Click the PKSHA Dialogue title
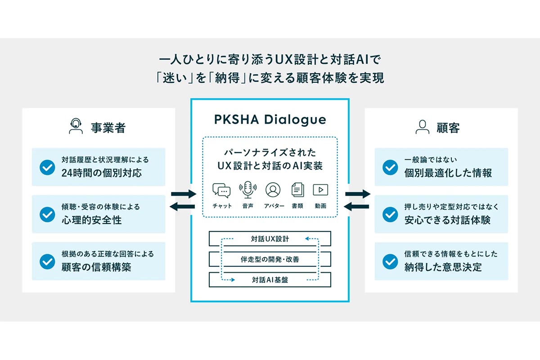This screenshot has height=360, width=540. (x=270, y=120)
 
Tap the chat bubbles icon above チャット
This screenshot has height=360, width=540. (x=221, y=190)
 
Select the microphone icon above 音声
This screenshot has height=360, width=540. (x=247, y=190)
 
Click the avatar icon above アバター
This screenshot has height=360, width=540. (x=273, y=190)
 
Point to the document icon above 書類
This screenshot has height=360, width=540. (x=298, y=190)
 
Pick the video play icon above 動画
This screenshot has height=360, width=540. (x=320, y=190)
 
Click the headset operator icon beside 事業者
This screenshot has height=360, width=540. (x=76, y=126)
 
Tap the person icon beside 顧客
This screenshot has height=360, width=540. (x=423, y=127)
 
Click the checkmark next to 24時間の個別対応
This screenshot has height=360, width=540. (x=47, y=167)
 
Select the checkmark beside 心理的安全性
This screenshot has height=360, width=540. (x=47, y=214)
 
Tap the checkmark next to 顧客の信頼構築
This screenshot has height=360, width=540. (x=47, y=261)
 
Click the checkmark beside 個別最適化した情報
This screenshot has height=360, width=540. (x=390, y=167)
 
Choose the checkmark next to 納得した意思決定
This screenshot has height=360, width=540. (x=390, y=261)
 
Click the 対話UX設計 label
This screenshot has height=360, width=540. (x=270, y=239)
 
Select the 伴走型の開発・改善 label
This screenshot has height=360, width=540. (x=270, y=260)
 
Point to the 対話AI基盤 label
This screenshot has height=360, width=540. (x=270, y=280)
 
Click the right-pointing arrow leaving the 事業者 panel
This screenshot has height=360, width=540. (x=184, y=194)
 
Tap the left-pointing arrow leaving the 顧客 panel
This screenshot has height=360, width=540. (x=356, y=207)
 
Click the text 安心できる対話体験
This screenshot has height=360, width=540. (x=447, y=220)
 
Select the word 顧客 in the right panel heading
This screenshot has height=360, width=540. (x=448, y=128)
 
